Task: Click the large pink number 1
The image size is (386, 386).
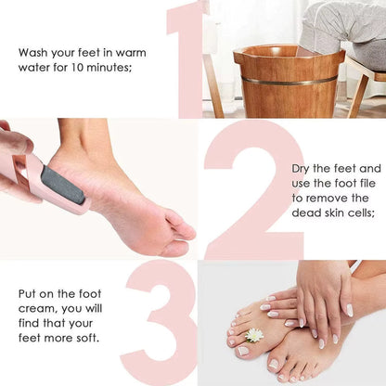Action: click(x=191, y=56)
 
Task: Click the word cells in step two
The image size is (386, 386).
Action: click(x=358, y=213)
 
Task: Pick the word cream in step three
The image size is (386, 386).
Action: click(x=36, y=308)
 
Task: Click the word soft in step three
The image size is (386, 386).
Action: click(x=86, y=337)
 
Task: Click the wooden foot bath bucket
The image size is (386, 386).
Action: click(x=288, y=84)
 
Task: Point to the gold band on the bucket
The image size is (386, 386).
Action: click(x=288, y=81)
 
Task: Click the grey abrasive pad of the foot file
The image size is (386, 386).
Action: click(x=63, y=185)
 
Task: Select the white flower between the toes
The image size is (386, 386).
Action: click(x=254, y=334)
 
